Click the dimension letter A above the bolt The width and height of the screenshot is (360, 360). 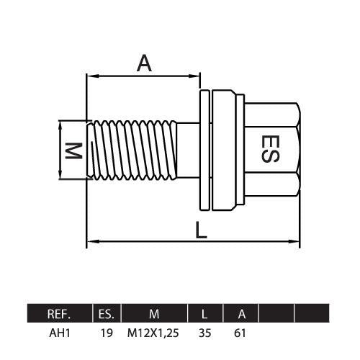pyautogui.click(x=144, y=63)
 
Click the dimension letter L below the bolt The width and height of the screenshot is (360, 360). pyautogui.click(x=201, y=230)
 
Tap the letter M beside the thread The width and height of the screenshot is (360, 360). pyautogui.click(x=74, y=150)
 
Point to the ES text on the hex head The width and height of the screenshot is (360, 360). pyautogui.click(x=270, y=149)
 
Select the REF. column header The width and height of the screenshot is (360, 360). pyautogui.click(x=59, y=314)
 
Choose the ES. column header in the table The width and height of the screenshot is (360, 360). pyautogui.click(x=107, y=314)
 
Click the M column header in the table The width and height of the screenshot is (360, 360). pyautogui.click(x=154, y=314)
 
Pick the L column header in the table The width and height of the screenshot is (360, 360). pyautogui.click(x=204, y=314)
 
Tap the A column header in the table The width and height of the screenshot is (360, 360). pyautogui.click(x=242, y=314)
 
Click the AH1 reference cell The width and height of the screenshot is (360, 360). pyautogui.click(x=60, y=333)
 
